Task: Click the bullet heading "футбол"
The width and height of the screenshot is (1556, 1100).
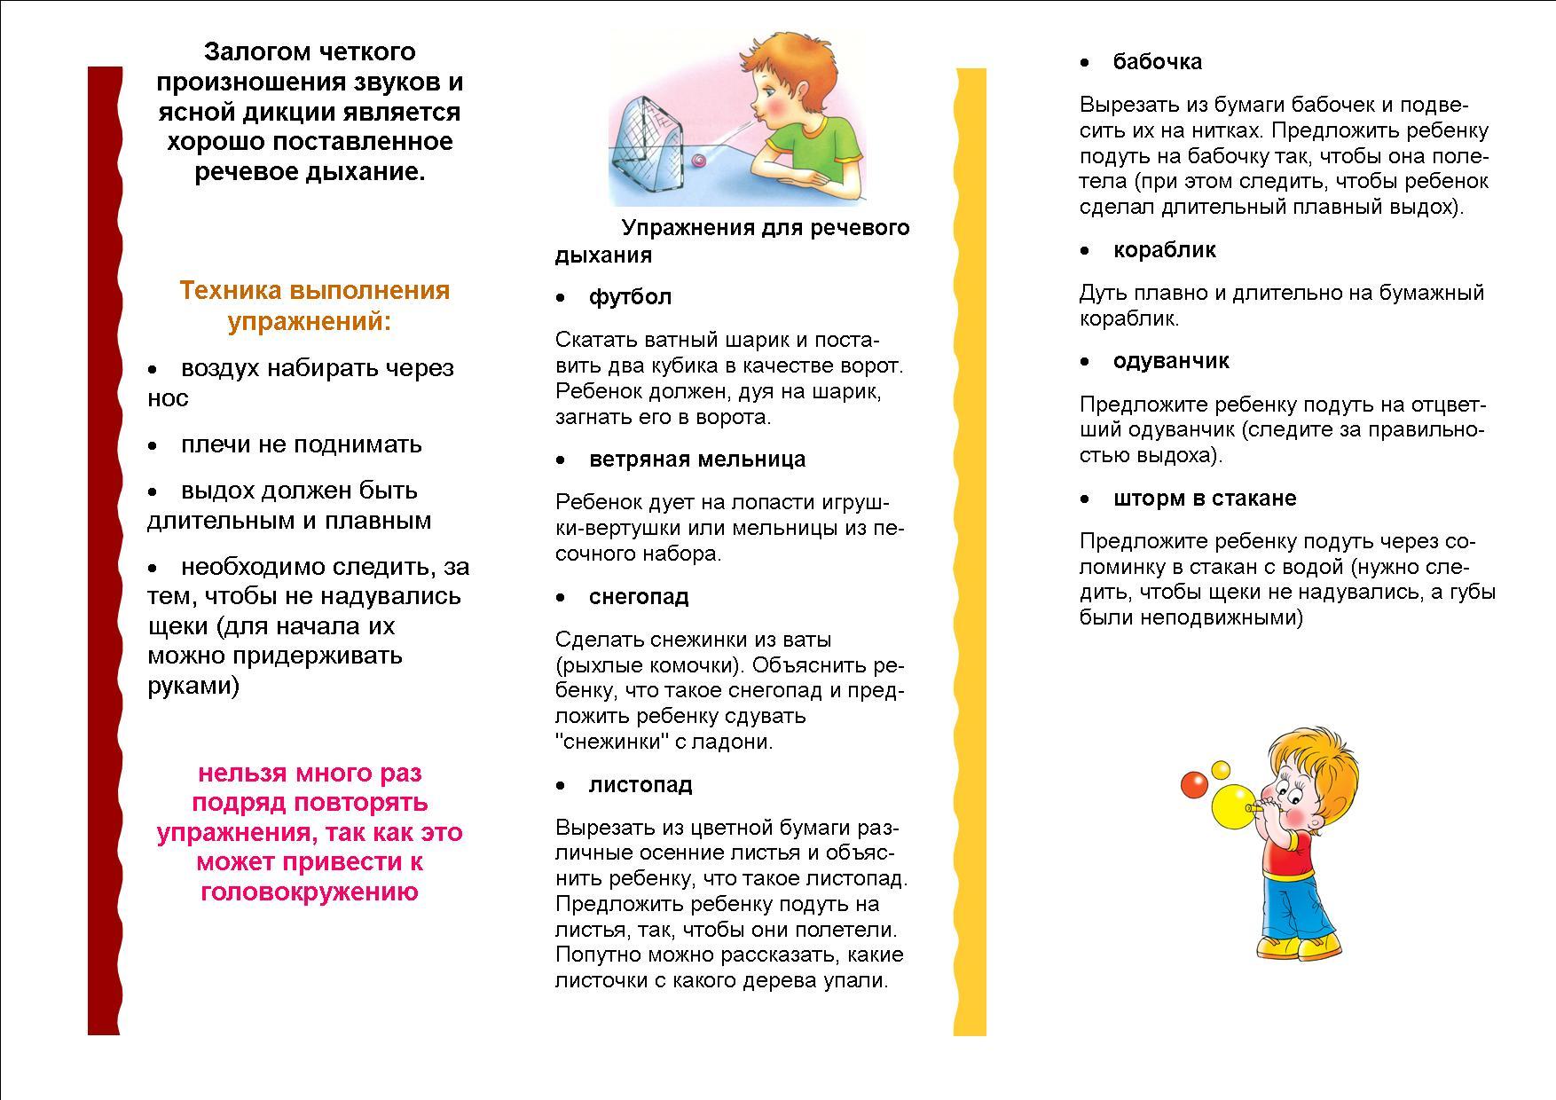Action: pos(630,297)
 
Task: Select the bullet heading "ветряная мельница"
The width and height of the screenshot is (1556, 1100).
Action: pos(697,460)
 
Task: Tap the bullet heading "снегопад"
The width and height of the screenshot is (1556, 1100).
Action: pos(639,597)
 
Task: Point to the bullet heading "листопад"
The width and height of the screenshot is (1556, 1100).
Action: pos(640,785)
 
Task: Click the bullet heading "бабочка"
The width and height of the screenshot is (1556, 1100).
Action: pos(1158,62)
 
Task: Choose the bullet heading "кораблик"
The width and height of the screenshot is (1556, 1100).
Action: pos(1164,250)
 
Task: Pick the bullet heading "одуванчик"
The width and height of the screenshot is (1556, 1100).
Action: pos(1171,361)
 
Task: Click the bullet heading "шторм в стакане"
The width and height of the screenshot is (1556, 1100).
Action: pos(1205,499)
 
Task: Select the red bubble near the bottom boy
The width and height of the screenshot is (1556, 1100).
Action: pos(1194,785)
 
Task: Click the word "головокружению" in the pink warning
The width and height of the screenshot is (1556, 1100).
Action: pos(310,892)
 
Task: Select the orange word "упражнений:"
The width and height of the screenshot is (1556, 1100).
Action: pos(310,321)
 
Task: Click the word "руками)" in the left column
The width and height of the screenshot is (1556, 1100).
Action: pos(193,686)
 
